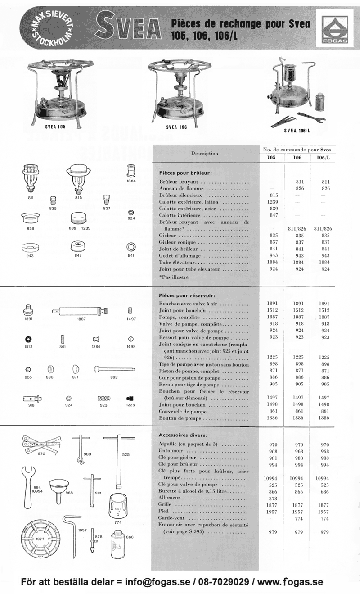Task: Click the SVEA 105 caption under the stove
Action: pyautogui.click(x=55, y=127)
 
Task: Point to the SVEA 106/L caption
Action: pyautogui.click(x=297, y=131)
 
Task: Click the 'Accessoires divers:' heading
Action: pyautogui.click(x=183, y=435)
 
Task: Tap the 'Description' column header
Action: pyautogui.click(x=204, y=154)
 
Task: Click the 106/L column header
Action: pyautogui.click(x=323, y=158)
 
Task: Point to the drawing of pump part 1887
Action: pyautogui.click(x=81, y=311)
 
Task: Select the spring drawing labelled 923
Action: pyautogui.click(x=104, y=398)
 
